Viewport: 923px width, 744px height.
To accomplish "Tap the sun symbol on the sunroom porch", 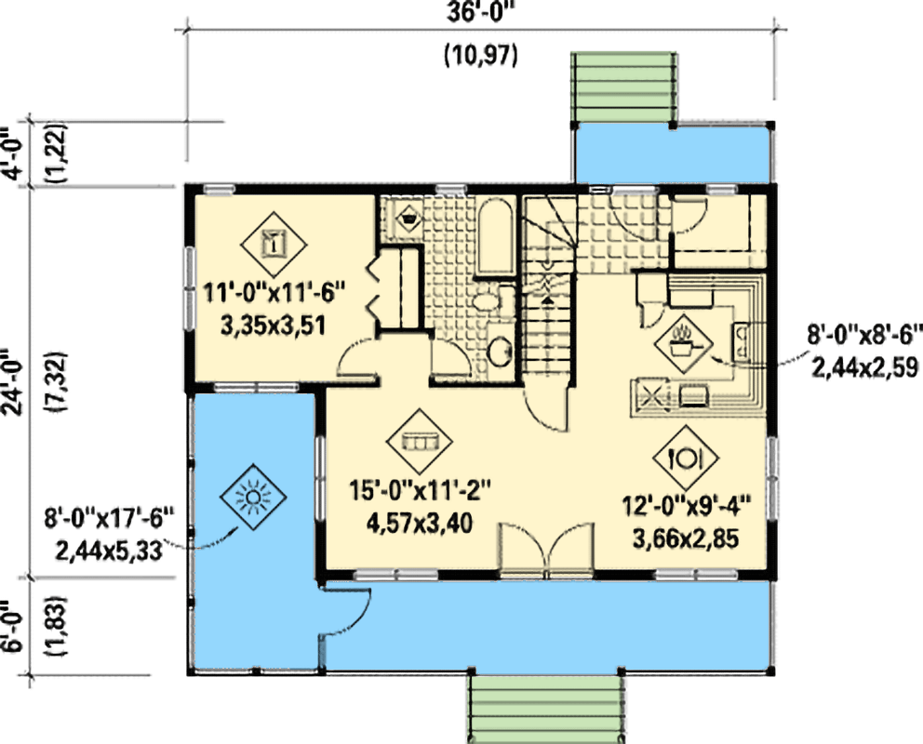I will (x=252, y=498).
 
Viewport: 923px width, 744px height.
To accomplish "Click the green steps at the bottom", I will (x=545, y=707).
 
